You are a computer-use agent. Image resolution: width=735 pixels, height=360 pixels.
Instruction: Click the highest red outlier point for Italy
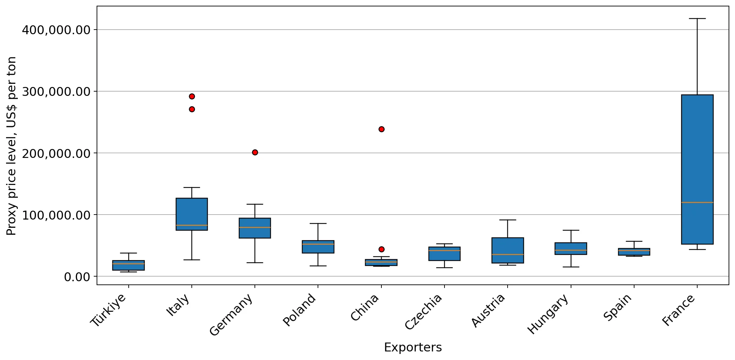pyautogui.click(x=192, y=96)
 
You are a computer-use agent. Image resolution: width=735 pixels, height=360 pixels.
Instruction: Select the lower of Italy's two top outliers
pyautogui.click(x=192, y=109)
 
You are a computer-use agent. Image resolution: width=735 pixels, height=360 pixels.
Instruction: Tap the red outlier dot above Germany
pyautogui.click(x=255, y=152)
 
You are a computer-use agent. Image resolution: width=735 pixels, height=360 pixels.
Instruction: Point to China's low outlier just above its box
pyautogui.click(x=381, y=249)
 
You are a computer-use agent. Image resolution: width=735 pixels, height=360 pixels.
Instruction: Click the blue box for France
pyautogui.click(x=697, y=169)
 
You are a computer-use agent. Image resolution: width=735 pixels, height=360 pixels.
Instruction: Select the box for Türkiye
pyautogui.click(x=128, y=265)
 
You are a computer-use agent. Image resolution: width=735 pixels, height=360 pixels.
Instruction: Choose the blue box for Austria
pyautogui.click(x=508, y=250)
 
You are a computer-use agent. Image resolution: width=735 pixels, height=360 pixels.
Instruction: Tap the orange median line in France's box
pyautogui.click(x=697, y=202)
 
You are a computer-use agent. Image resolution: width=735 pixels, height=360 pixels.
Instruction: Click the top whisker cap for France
pyautogui.click(x=697, y=19)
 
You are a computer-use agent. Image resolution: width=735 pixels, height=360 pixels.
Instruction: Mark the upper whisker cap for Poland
pyautogui.click(x=318, y=223)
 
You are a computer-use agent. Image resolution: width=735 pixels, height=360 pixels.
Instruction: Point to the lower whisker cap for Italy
pyautogui.click(x=192, y=260)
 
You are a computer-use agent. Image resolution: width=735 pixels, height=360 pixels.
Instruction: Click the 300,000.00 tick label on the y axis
pyautogui.click(x=56, y=92)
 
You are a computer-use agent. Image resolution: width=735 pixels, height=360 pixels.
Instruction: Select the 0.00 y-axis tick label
pyautogui.click(x=77, y=277)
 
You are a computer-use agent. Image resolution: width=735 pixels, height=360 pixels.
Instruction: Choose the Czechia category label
pyautogui.click(x=423, y=312)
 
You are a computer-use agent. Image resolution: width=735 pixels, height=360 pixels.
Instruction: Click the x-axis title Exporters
pyautogui.click(x=413, y=348)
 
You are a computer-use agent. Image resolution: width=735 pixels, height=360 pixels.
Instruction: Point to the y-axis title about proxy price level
pyautogui.click(x=11, y=146)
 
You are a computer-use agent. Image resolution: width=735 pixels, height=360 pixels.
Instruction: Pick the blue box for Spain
pyautogui.click(x=634, y=252)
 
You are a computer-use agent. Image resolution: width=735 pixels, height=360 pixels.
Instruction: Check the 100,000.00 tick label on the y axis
pyautogui.click(x=56, y=215)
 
